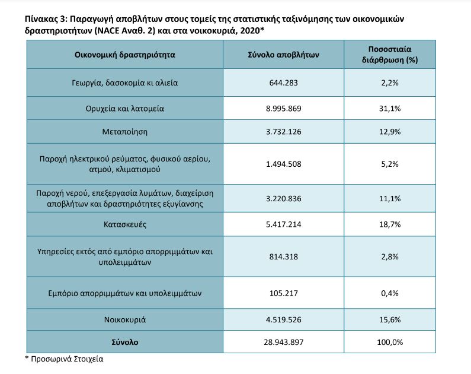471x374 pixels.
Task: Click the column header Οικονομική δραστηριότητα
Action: point(124,55)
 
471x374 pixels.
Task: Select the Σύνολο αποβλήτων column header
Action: point(283,55)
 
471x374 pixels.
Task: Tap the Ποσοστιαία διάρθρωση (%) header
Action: point(390,55)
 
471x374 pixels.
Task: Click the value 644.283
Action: point(283,83)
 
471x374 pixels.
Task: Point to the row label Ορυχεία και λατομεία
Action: point(124,108)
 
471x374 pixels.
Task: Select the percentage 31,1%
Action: point(390,108)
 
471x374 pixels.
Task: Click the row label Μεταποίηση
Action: point(124,132)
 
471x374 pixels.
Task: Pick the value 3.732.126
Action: point(283,132)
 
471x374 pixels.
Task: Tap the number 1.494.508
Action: point(283,164)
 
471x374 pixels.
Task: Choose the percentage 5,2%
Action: point(390,164)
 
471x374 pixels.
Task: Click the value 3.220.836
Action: point(283,199)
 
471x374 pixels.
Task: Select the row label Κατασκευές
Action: point(124,224)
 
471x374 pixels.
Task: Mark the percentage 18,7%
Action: point(390,224)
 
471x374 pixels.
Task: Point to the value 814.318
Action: point(283,256)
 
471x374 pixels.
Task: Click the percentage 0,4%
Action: point(390,293)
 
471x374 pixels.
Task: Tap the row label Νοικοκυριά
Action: point(124,319)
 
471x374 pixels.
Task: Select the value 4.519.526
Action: point(283,319)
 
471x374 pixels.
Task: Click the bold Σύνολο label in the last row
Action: point(124,342)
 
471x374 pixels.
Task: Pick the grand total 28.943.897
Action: point(283,342)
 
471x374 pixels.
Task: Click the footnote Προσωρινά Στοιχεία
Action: point(67,359)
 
